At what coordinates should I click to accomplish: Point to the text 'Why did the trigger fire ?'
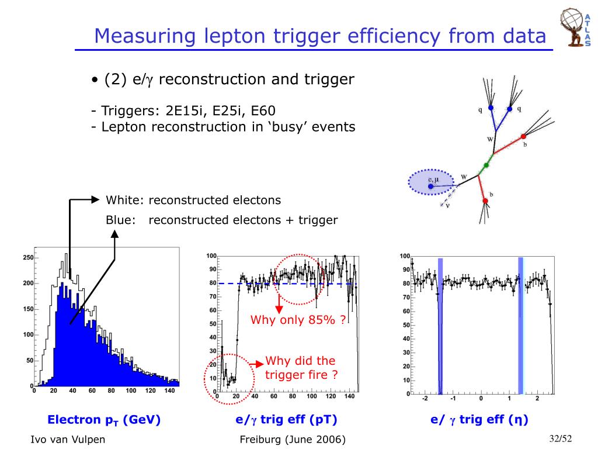[301, 368]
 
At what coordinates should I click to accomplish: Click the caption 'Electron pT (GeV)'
[104, 419]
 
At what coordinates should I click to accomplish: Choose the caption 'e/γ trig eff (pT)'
[286, 419]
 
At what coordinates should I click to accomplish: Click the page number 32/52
[560, 438]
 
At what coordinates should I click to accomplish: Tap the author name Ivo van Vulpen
[68, 440]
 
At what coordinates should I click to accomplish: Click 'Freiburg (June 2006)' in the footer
[293, 440]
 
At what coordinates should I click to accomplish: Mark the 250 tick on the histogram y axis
[27, 258]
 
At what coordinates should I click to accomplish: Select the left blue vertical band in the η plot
[440, 326]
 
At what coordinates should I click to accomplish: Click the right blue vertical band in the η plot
[520, 326]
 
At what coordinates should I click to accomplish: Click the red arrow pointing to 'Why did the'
[257, 363]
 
